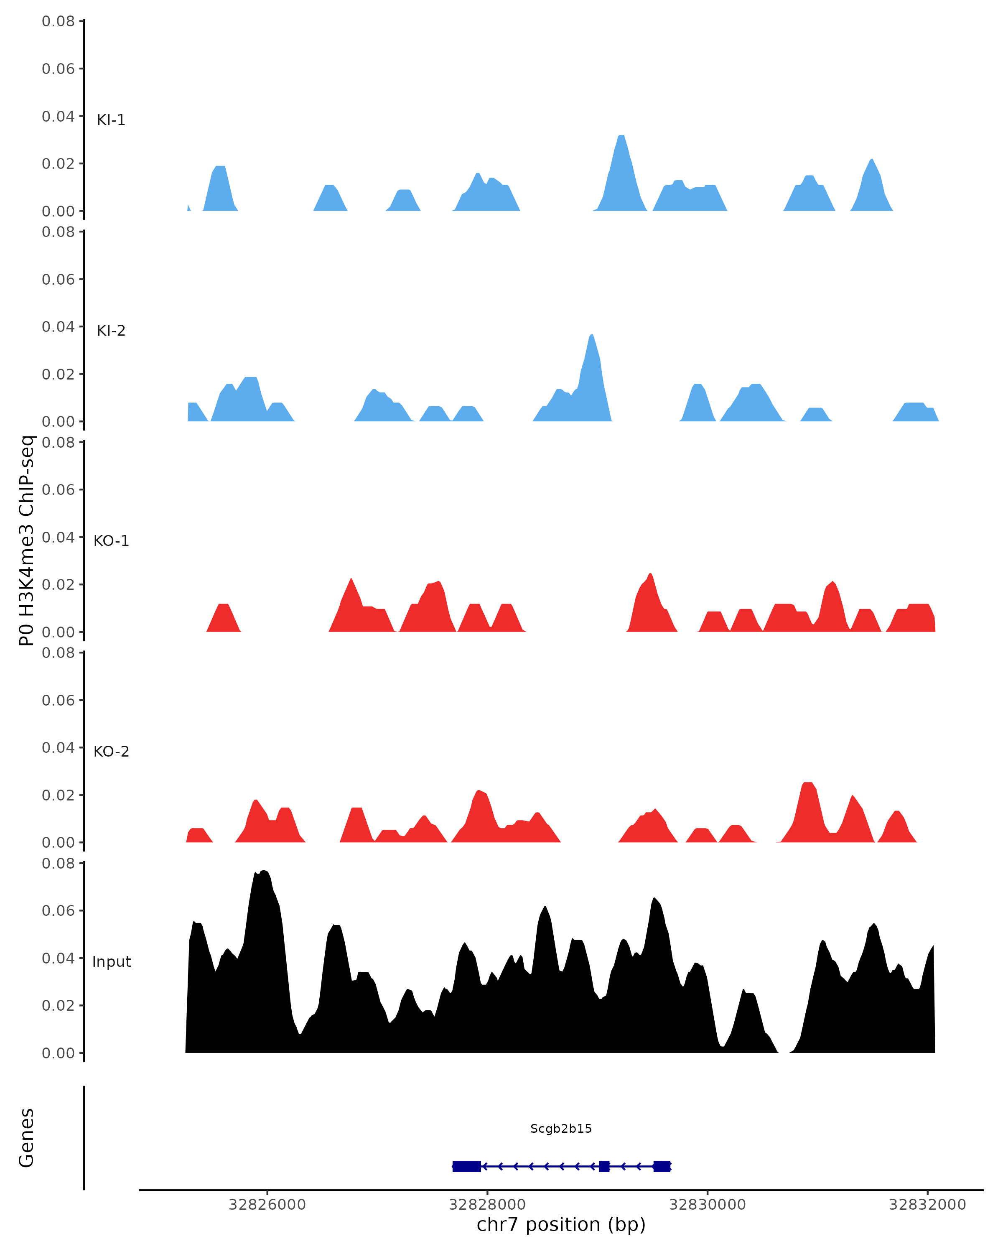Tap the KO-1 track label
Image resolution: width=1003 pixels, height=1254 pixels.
point(111,541)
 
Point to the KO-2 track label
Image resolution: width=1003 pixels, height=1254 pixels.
point(111,752)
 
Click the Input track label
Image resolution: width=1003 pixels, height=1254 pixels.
point(111,962)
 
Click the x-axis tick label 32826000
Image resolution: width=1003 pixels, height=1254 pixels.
point(267,1205)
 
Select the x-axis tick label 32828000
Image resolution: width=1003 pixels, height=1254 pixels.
point(487,1205)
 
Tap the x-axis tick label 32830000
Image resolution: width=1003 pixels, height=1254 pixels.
point(707,1205)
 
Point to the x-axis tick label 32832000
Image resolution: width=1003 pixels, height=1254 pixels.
point(927,1205)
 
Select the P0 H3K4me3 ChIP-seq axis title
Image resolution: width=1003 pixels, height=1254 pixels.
point(27,541)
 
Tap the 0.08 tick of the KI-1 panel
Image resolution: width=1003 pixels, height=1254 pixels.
point(58,21)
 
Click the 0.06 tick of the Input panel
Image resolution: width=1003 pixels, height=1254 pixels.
point(58,911)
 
